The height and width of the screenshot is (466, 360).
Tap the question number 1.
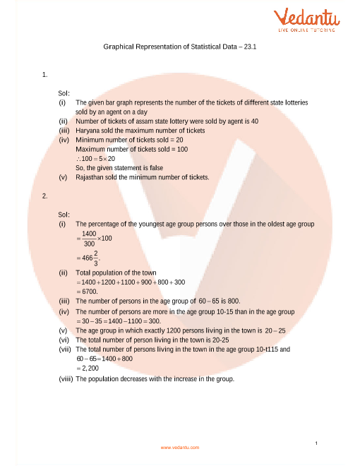click(44, 74)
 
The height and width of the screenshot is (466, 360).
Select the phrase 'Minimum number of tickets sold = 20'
click(129, 140)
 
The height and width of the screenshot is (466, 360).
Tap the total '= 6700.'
click(90, 290)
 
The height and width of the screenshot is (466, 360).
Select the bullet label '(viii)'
click(66, 378)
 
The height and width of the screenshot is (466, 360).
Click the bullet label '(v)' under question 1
click(62, 177)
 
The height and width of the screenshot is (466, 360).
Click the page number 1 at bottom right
click(318, 442)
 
